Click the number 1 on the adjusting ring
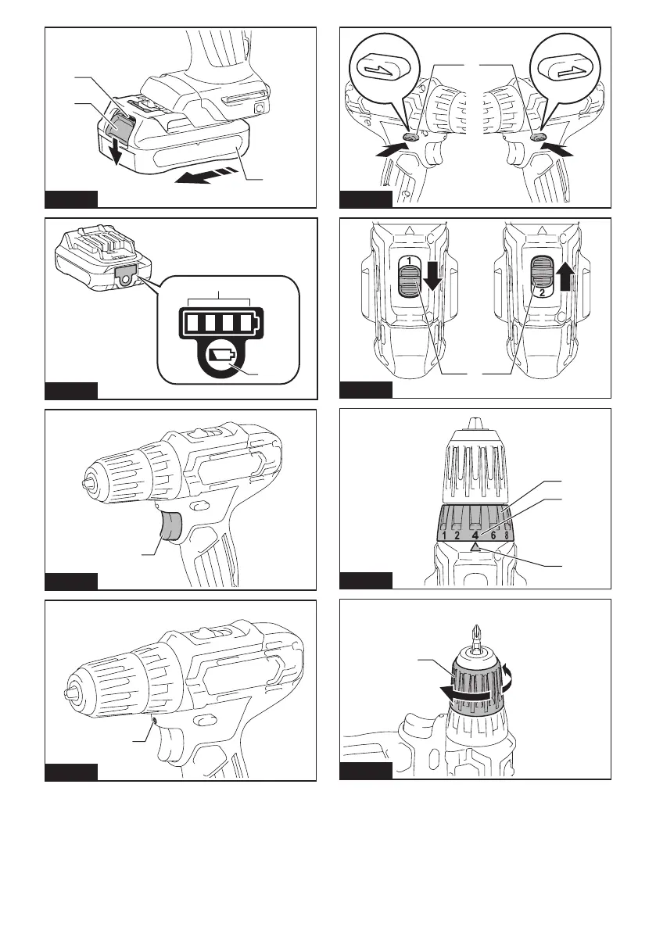(443, 535)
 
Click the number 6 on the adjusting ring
(493, 535)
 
